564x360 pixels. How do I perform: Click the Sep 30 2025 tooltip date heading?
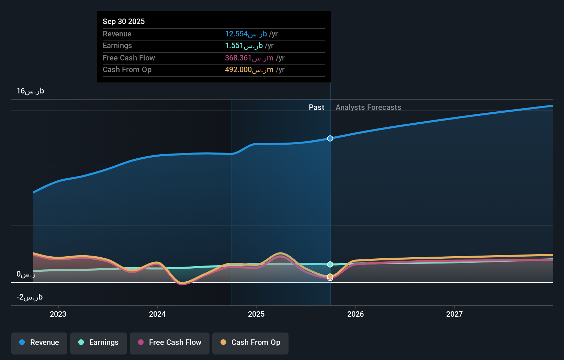124,21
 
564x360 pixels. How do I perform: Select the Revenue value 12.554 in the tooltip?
236,34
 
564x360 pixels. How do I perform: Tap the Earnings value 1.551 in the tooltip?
234,46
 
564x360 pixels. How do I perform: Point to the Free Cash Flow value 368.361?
238,58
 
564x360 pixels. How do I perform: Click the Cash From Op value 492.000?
238,70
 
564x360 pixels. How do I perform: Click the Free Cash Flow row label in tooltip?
129,58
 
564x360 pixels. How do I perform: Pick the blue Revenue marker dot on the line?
330,138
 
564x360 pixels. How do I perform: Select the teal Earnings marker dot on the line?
330,265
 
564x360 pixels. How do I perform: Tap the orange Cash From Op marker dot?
330,276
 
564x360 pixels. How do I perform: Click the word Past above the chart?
316,108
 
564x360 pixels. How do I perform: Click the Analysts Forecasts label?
368,108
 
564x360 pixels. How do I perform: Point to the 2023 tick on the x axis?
58,314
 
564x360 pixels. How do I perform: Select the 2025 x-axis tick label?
256,314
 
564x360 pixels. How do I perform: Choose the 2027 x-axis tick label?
454,314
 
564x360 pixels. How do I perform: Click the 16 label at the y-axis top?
30,91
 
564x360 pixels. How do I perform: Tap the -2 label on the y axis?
30,297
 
